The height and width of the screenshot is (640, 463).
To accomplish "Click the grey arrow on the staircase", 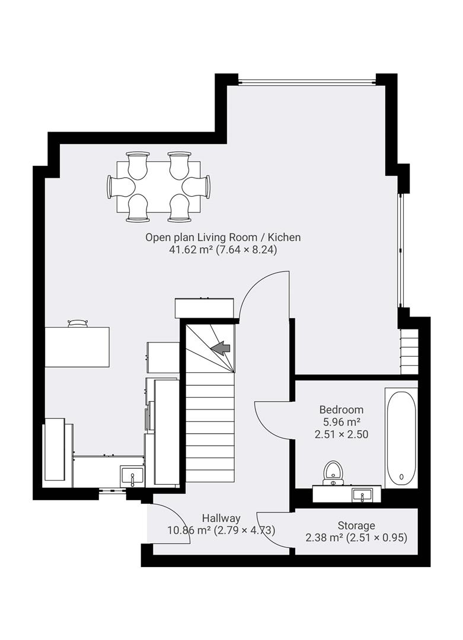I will pyautogui.click(x=222, y=348).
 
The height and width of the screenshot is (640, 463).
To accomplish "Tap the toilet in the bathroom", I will pyautogui.click(x=333, y=472).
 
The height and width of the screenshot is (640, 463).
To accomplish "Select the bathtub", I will pyautogui.click(x=401, y=438).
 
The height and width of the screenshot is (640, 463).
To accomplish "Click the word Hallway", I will pyautogui.click(x=221, y=518).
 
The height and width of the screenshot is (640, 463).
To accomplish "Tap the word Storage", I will pyautogui.click(x=356, y=526).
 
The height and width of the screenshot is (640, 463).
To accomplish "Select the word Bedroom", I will pyautogui.click(x=341, y=409).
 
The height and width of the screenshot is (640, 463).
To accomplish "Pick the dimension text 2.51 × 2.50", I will pyautogui.click(x=341, y=434).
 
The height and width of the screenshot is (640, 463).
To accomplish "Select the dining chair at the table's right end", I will pyautogui.click(x=200, y=187).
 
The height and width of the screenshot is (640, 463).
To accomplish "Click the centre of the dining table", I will pyautogui.click(x=158, y=187).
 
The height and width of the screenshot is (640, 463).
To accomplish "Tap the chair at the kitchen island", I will pyautogui.click(x=78, y=323).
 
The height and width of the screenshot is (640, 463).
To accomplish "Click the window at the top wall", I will pyautogui.click(x=301, y=81).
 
